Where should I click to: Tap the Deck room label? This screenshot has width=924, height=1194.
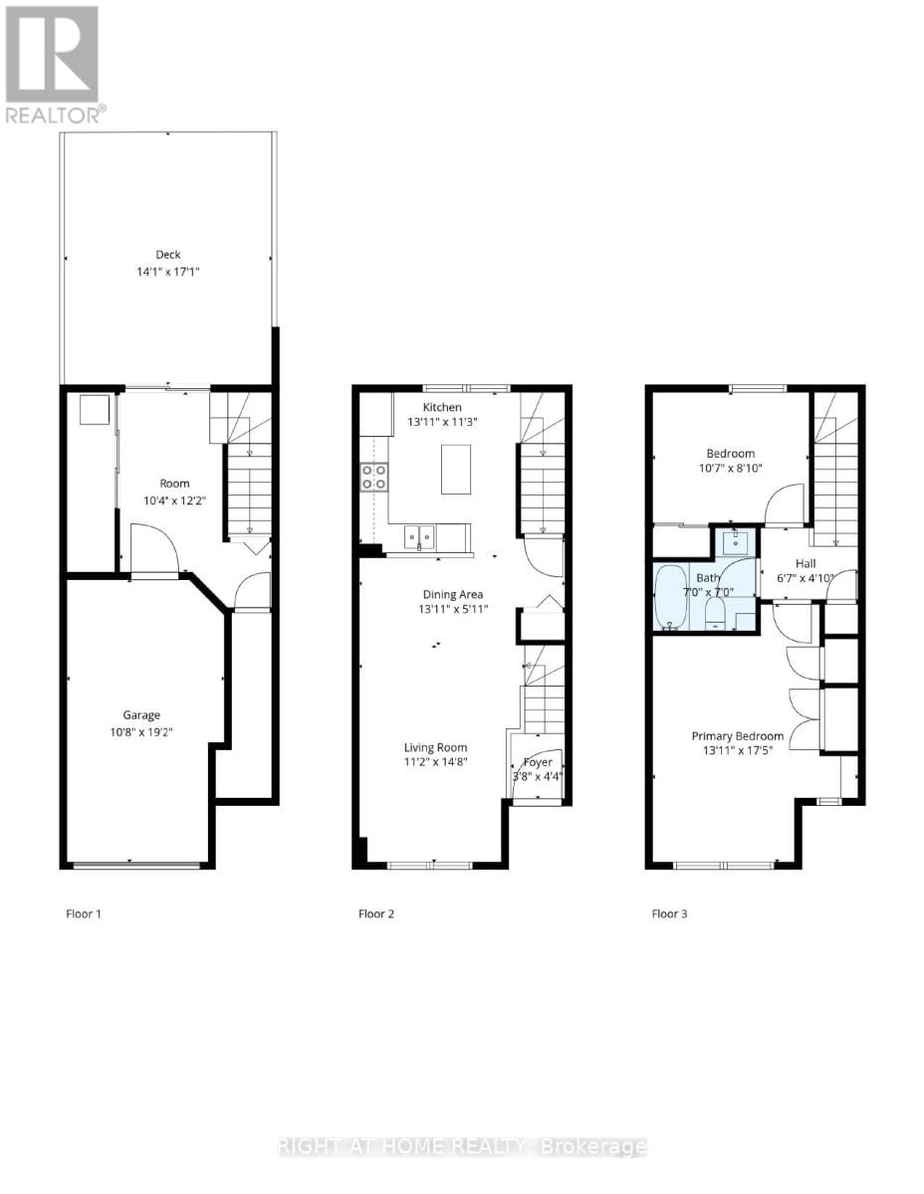(x=168, y=255)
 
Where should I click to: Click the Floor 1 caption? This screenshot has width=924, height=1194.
(x=84, y=913)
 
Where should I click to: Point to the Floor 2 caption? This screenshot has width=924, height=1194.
(x=376, y=913)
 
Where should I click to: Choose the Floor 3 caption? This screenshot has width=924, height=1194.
(x=669, y=913)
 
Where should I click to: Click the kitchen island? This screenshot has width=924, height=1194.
(x=456, y=470)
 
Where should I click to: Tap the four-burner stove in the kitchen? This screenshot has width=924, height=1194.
(x=373, y=477)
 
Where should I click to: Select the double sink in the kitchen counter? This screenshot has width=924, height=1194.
(x=419, y=537)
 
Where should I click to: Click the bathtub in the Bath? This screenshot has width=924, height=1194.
(x=671, y=597)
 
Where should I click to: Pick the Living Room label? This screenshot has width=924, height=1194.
(x=435, y=747)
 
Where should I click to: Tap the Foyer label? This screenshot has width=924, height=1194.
(x=538, y=761)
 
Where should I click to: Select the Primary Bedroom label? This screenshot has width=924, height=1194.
(x=737, y=736)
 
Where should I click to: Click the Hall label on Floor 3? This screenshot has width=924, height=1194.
(x=804, y=563)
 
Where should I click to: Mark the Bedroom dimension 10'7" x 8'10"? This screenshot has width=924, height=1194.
(x=731, y=471)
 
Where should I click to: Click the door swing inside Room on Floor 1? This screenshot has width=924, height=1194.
(x=154, y=550)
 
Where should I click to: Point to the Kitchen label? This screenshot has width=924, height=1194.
(x=442, y=407)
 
